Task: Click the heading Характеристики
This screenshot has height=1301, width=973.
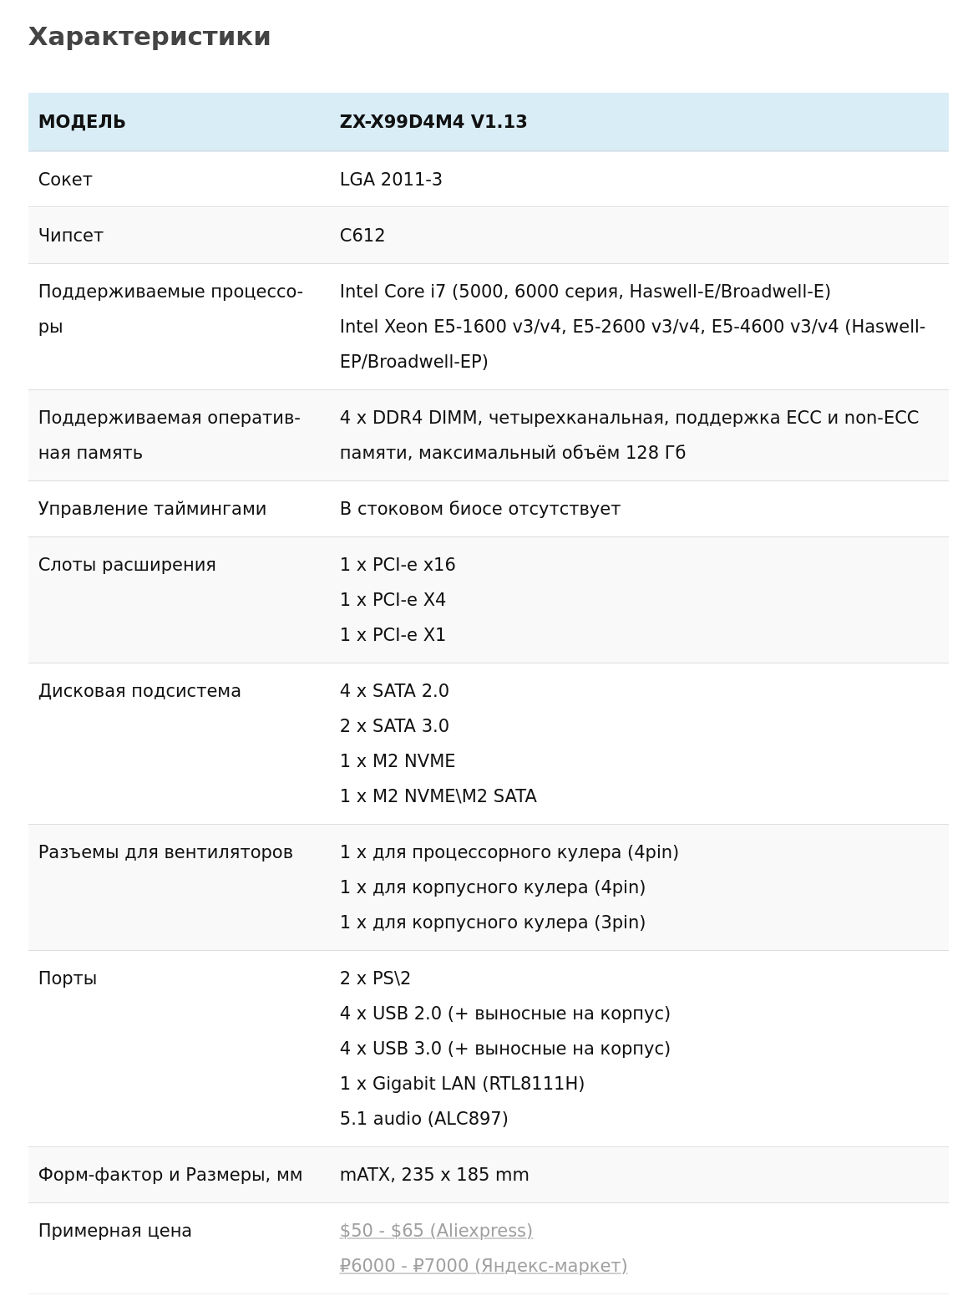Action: tap(149, 37)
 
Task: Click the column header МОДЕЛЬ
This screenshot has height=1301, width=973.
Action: tap(82, 122)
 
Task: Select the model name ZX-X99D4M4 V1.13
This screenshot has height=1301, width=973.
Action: tap(433, 122)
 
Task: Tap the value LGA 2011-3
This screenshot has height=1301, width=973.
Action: tap(391, 180)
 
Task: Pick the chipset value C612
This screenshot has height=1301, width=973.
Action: tap(362, 236)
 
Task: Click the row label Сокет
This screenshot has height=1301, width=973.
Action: tap(65, 180)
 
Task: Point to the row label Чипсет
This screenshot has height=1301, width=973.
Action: tap(71, 236)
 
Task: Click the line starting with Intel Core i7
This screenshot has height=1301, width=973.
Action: tap(585, 292)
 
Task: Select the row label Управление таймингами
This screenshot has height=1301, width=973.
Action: tap(152, 509)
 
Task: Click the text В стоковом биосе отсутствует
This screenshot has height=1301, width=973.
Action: tap(479, 509)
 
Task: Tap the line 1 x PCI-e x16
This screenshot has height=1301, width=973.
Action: tap(398, 565)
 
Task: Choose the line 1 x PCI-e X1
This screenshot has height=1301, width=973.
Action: tap(393, 635)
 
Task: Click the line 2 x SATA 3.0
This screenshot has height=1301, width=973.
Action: tap(394, 726)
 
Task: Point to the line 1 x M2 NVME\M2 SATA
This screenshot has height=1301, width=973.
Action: tap(438, 796)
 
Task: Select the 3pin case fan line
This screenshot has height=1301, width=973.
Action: tap(492, 922)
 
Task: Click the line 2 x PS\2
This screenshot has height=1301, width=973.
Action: tap(375, 978)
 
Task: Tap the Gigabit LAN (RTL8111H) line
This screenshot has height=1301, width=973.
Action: tap(462, 1084)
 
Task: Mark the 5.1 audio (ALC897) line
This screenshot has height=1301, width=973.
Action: tap(423, 1119)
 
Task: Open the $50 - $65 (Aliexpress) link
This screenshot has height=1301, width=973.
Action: tap(436, 1231)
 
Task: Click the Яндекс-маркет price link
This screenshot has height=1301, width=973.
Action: tap(483, 1266)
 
